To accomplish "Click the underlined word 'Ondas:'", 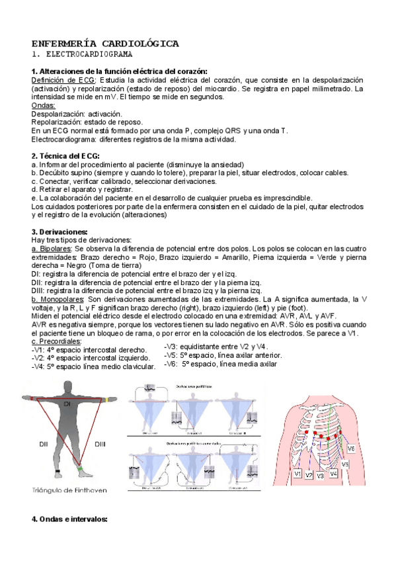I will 44,105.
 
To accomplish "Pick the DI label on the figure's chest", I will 67,403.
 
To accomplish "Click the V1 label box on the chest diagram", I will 298,474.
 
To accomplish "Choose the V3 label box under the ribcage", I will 321,475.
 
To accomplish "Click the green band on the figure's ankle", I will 80,469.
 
